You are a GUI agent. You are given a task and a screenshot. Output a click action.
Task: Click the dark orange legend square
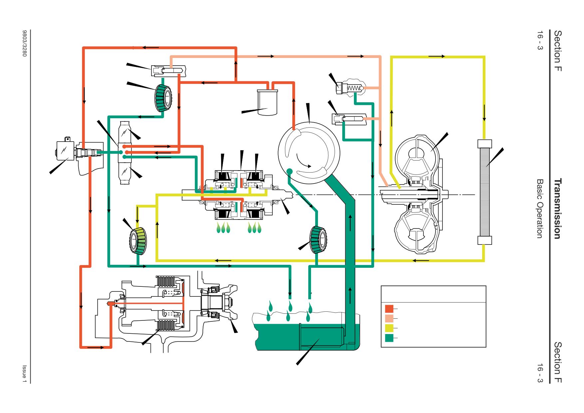point(389,309)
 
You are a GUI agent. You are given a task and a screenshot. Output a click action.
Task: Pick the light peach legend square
point(389,318)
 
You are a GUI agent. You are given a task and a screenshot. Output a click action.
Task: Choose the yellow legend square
point(389,328)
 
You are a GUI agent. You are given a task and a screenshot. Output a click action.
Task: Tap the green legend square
point(389,338)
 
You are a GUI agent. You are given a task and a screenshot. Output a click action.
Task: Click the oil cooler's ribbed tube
point(485,192)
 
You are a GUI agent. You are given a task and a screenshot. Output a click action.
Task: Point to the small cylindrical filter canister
point(267,102)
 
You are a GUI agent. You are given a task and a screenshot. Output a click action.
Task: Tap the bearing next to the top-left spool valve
point(163,97)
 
